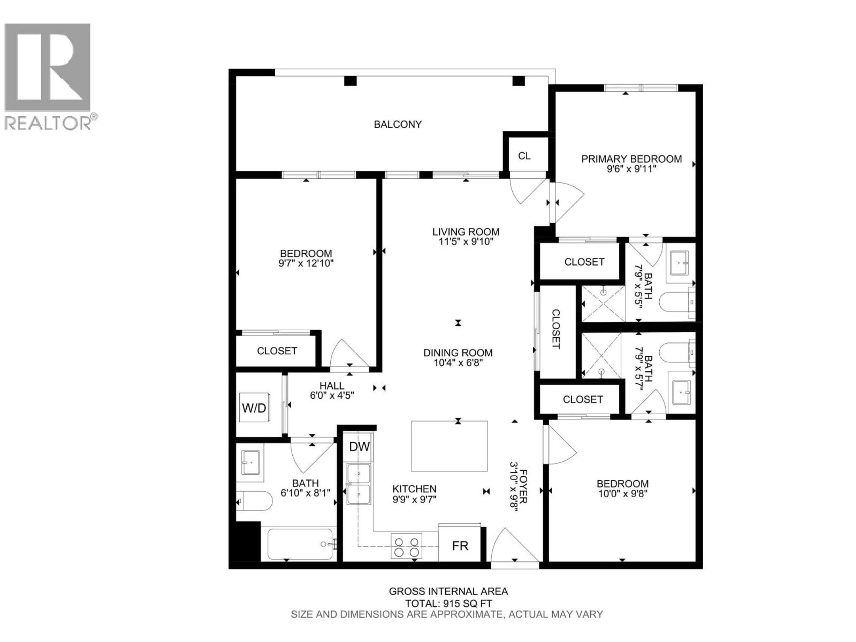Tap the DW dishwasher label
pos(360,447)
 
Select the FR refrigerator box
pos(460,546)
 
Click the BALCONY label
pos(397,124)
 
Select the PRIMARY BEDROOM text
pos(632,159)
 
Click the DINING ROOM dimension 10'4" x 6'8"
pos(458,363)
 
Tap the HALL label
pos(332,386)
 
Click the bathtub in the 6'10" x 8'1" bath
pos(300,544)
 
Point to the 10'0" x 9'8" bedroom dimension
pos(623,494)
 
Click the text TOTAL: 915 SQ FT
pos(449,603)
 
